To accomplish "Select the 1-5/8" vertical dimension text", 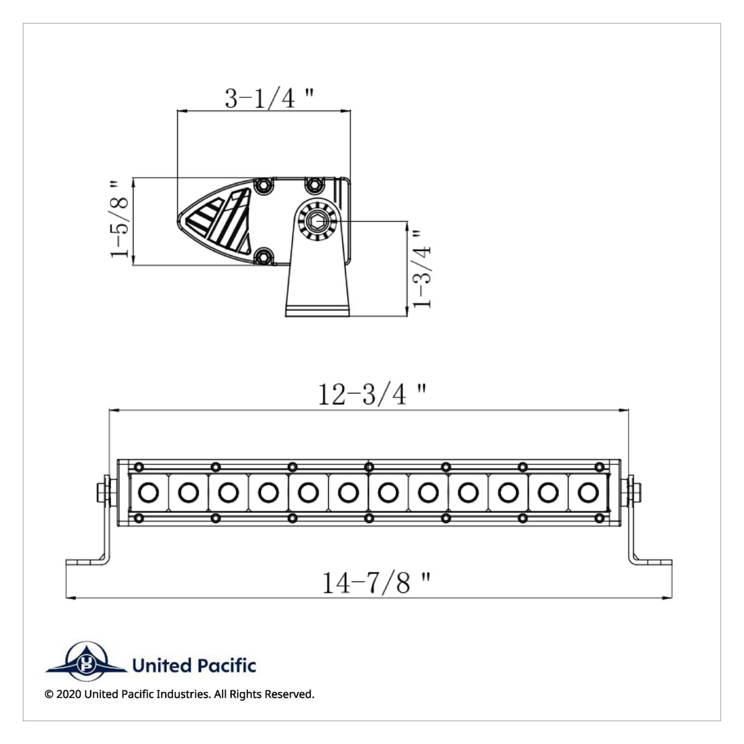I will click(x=120, y=219).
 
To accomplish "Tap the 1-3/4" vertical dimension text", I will click(x=422, y=268).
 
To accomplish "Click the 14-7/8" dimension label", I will click(x=376, y=583).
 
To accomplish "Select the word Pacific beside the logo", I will click(x=226, y=666).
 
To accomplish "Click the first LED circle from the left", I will click(x=148, y=493).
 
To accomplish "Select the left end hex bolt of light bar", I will click(x=103, y=492).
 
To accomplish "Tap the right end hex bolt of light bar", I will click(x=634, y=492).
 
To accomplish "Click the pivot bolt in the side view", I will click(x=317, y=220).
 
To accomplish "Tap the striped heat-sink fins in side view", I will click(x=220, y=220).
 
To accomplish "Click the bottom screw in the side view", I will click(x=265, y=255).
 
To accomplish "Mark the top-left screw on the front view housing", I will click(x=139, y=466).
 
